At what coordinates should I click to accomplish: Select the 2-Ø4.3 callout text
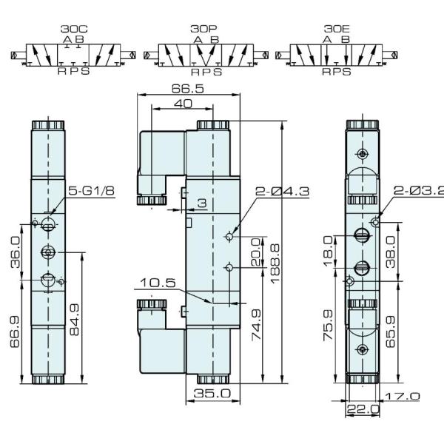tap(282, 192)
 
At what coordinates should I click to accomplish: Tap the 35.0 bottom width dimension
tap(212, 394)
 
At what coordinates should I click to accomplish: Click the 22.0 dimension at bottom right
tap(363, 408)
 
